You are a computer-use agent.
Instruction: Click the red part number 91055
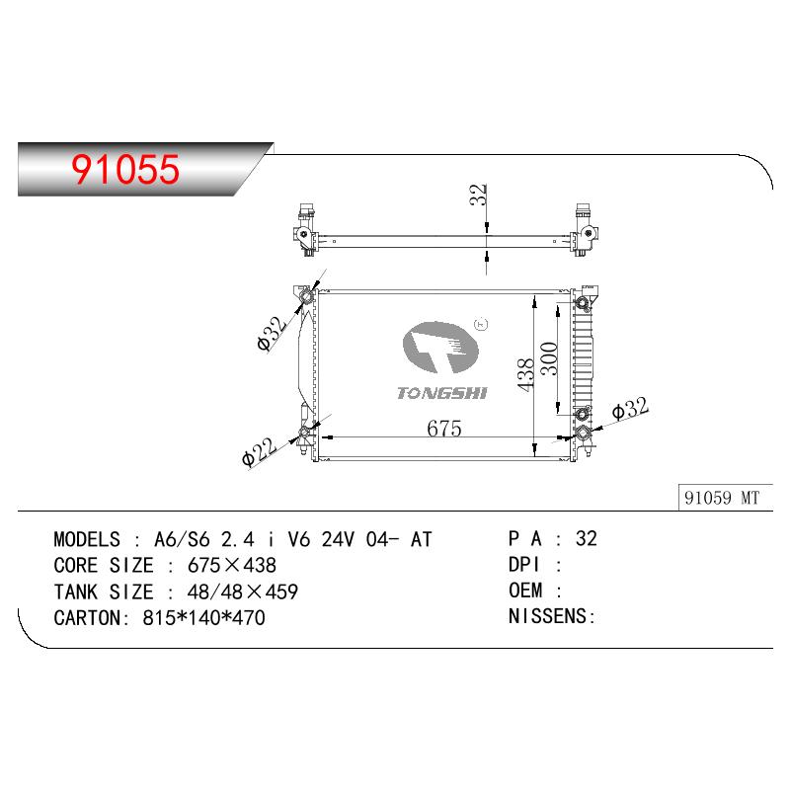coord(125,169)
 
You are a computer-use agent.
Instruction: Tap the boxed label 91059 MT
coord(722,498)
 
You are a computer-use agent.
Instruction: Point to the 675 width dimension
coord(443,429)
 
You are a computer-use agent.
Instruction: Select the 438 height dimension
coord(525,374)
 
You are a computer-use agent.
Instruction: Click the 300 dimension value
coord(549,358)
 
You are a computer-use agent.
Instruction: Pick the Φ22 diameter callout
coord(259,451)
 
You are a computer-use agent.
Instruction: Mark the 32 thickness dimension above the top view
coord(478,195)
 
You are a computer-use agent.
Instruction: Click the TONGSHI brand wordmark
coord(441,393)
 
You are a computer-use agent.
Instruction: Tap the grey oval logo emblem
coord(440,348)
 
